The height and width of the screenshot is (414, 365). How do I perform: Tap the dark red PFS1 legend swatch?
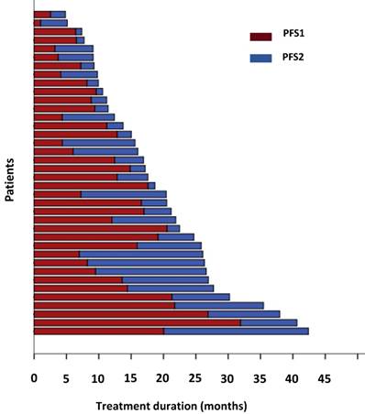[261, 37]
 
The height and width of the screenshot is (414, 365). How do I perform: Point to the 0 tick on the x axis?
[34, 376]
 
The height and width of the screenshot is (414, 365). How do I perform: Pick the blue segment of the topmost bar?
[58, 15]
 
